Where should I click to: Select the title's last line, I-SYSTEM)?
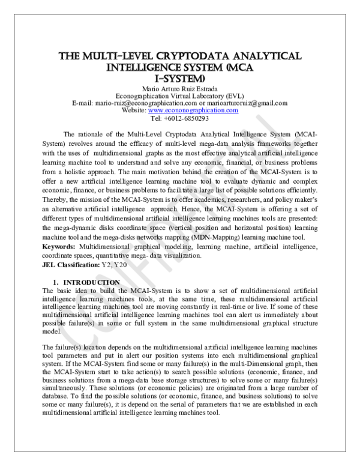point(179,78)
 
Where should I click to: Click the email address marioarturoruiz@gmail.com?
point(245,103)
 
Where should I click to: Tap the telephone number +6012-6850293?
point(190,118)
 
